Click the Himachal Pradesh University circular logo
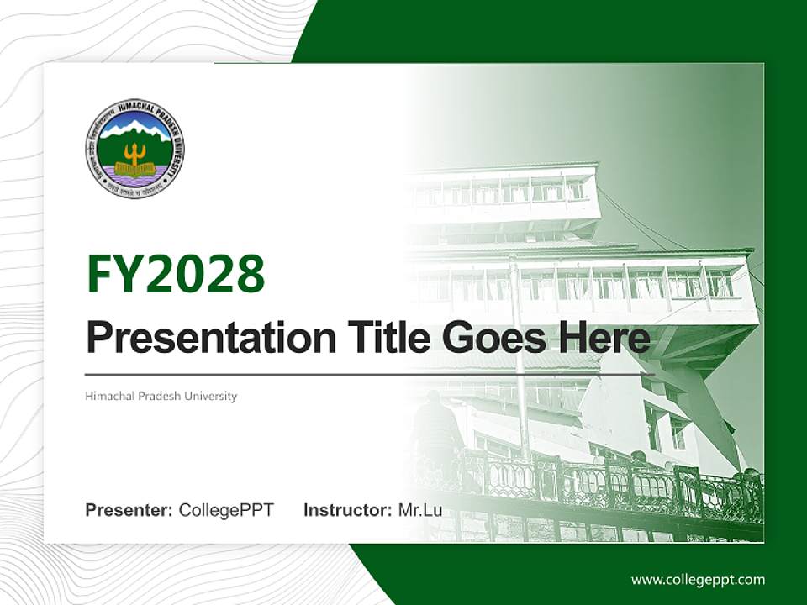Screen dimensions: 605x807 pyautogui.click(x=134, y=149)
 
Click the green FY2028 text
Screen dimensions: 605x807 pyautogui.click(x=176, y=274)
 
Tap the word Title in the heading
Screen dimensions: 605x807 pyautogui.click(x=376, y=339)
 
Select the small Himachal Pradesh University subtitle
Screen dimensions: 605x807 pyautogui.click(x=161, y=396)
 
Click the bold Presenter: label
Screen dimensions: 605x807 pyautogui.click(x=129, y=510)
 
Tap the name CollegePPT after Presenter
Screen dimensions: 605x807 pyautogui.click(x=226, y=510)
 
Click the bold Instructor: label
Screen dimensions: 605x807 pyautogui.click(x=347, y=510)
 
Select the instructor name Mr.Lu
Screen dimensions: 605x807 pyautogui.click(x=420, y=510)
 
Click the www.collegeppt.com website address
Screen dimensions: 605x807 pyautogui.click(x=698, y=580)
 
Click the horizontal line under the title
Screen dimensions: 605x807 pyautogui.click(x=370, y=375)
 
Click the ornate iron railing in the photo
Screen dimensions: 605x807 pyautogui.click(x=639, y=487)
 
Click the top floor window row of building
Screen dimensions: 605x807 pyautogui.click(x=504, y=192)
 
